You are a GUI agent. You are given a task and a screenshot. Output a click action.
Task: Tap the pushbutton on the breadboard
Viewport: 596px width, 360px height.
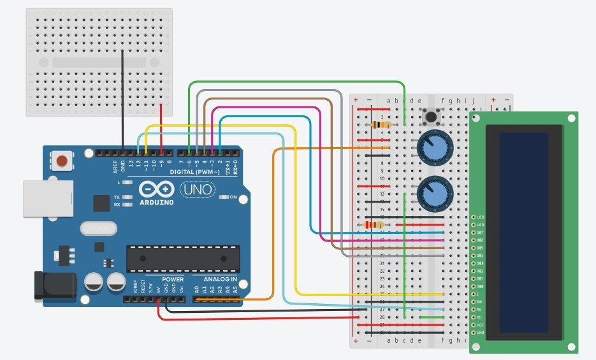point(432,117)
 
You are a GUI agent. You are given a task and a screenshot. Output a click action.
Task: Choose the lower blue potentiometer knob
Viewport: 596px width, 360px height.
point(435,192)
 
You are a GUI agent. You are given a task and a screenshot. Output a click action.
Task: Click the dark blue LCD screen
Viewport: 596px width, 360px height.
point(523,232)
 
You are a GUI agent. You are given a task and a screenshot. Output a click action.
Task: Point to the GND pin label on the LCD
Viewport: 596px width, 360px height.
point(480,333)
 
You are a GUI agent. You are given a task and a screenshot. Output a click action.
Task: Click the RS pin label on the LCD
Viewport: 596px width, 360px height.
point(480,309)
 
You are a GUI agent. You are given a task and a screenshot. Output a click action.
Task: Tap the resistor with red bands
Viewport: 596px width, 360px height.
point(374,224)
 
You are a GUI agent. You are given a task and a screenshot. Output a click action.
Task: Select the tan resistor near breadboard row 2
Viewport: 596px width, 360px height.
point(381,125)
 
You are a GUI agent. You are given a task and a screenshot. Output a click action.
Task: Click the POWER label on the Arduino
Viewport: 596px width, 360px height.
point(172,279)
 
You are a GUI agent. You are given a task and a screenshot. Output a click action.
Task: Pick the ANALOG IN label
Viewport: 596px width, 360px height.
point(220,279)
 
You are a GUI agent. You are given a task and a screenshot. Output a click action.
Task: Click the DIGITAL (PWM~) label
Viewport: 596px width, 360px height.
point(194,173)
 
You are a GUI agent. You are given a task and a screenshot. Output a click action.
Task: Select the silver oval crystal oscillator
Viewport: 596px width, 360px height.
point(98,227)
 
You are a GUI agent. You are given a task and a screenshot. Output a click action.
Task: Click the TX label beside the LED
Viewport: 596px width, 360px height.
point(117,197)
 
